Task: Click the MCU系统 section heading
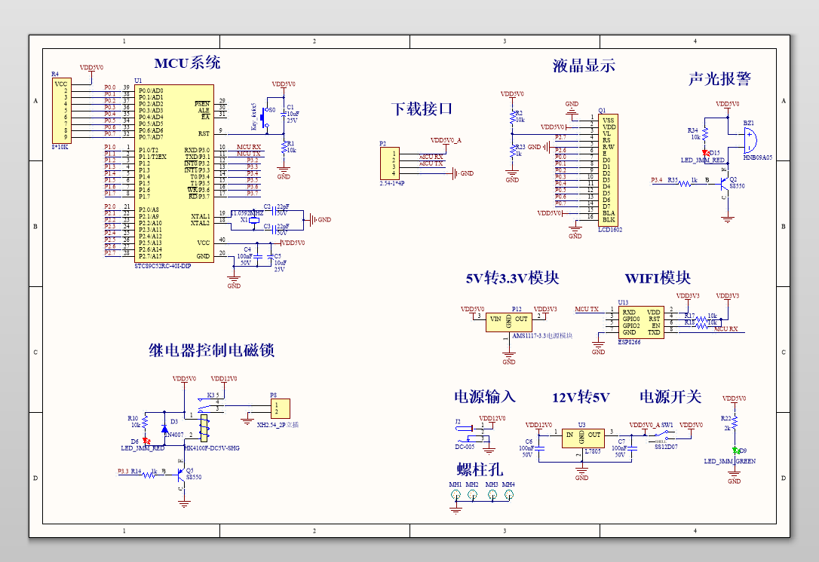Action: (187, 63)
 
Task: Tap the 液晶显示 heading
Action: (584, 66)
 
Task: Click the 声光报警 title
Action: (719, 79)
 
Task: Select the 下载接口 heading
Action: (422, 108)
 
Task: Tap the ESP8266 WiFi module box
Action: (641, 322)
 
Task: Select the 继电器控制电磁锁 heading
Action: (210, 350)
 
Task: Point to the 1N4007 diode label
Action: (173, 435)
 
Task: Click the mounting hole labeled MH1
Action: (456, 495)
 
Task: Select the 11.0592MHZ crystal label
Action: (246, 213)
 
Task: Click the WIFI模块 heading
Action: (657, 278)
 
